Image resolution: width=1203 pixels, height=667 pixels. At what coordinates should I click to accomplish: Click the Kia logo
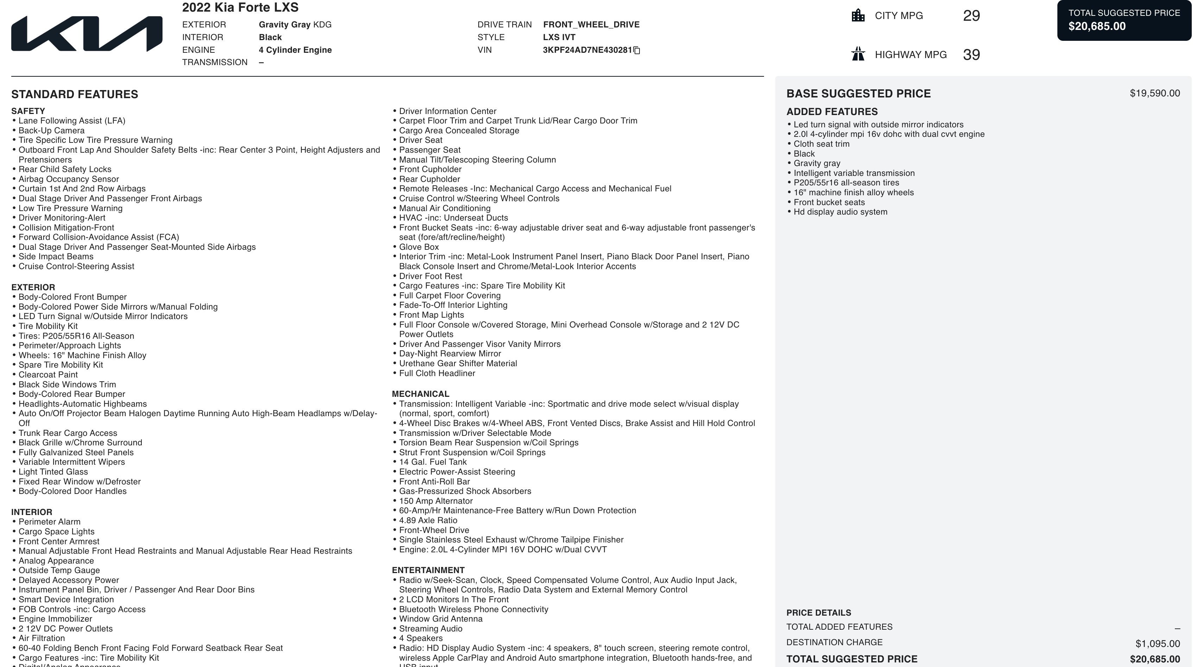(x=87, y=34)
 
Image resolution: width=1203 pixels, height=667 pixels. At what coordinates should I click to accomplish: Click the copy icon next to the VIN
(x=637, y=50)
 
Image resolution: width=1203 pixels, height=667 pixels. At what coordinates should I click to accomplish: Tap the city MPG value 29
(x=971, y=16)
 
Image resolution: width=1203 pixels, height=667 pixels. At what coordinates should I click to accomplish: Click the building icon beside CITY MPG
(x=858, y=16)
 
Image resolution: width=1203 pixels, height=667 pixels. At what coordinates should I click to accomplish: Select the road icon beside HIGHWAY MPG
(x=858, y=54)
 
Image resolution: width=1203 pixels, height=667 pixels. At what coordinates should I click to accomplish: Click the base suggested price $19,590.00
(x=1154, y=94)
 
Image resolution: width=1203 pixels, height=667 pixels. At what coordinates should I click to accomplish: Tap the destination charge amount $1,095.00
(x=1157, y=644)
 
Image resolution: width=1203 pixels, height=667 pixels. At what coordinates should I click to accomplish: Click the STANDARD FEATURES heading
(x=75, y=94)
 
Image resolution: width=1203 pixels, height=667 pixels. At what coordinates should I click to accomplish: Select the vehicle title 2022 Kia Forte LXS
(x=240, y=7)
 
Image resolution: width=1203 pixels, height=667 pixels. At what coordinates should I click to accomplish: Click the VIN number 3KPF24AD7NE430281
(x=587, y=50)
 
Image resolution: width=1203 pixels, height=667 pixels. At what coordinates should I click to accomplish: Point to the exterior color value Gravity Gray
(x=285, y=25)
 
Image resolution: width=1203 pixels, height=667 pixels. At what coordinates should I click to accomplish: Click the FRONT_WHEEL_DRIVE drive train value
(x=591, y=25)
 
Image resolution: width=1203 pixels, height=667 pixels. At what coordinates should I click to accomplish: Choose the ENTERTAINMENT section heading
(x=428, y=570)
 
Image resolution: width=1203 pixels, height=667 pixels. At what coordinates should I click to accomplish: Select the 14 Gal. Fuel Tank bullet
(x=432, y=462)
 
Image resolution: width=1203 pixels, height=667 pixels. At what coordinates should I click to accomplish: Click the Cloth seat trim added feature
(x=821, y=144)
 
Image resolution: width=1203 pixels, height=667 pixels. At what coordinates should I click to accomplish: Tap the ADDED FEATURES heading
(x=832, y=112)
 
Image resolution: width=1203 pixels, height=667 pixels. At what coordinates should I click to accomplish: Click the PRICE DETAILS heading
(x=818, y=613)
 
